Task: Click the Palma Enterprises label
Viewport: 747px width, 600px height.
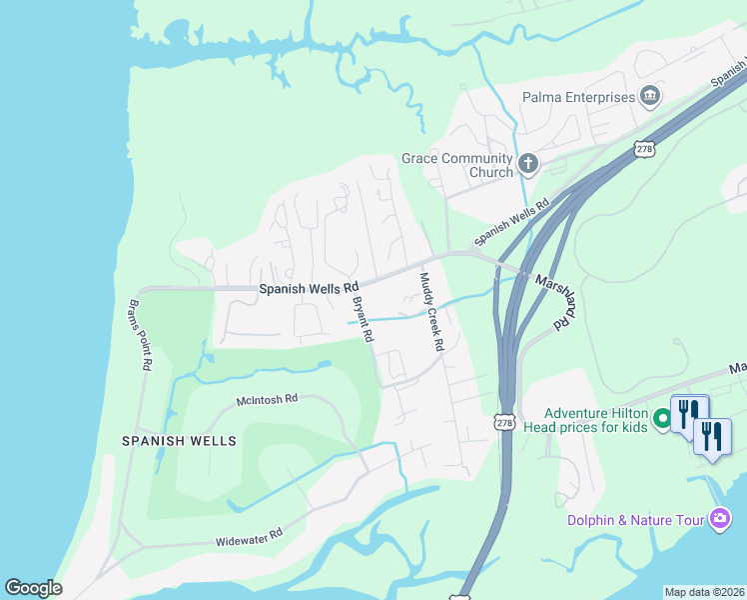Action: [x=578, y=97]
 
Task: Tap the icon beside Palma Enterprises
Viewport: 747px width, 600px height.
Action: [x=650, y=96]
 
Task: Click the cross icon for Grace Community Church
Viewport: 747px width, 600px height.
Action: [x=527, y=162]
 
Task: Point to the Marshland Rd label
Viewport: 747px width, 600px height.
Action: [x=554, y=302]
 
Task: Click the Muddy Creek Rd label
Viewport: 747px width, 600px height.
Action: [x=431, y=311]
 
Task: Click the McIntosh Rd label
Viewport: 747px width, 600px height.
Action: [x=267, y=400]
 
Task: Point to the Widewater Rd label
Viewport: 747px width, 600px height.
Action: [x=249, y=537]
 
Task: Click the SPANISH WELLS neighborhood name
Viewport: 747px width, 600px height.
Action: [x=179, y=440]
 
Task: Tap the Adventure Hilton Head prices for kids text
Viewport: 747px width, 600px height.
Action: [x=596, y=421]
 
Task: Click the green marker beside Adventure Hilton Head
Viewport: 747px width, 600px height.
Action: [x=662, y=421]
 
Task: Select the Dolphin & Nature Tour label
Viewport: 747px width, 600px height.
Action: [x=636, y=519]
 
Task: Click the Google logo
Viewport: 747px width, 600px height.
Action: [x=33, y=588]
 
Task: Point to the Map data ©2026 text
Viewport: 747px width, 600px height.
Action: [x=704, y=592]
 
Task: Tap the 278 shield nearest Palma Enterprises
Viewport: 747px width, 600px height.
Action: [x=644, y=149]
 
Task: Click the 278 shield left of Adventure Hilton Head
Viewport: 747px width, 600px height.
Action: [x=505, y=423]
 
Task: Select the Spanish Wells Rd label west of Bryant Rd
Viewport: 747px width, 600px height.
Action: [x=309, y=288]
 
